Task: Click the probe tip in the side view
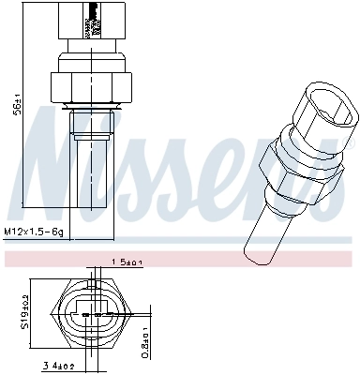click(x=91, y=178)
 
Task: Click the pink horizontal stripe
click(x=180, y=256)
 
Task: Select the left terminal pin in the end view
click(x=83, y=307)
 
